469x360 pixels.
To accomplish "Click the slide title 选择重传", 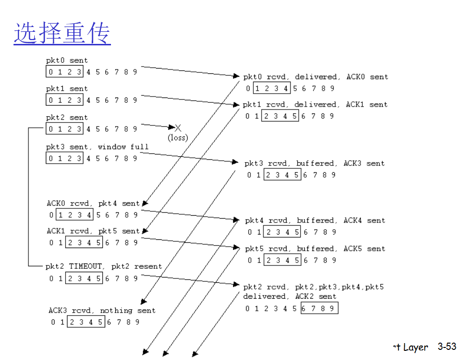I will [x=62, y=34].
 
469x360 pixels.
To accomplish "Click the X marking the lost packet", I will [x=178, y=128].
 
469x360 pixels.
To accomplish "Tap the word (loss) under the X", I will [x=178, y=138].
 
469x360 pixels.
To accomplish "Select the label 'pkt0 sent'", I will [x=67, y=61].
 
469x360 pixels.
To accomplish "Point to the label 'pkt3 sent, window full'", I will [x=97, y=147].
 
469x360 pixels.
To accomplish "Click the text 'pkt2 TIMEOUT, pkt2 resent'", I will [x=104, y=266].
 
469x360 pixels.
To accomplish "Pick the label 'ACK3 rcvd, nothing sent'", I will [x=102, y=310].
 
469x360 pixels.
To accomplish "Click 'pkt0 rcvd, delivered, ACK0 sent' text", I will [x=316, y=77].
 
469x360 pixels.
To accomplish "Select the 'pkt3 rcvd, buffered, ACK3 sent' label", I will [x=315, y=164].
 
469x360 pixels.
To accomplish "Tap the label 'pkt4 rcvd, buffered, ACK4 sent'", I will [x=315, y=221].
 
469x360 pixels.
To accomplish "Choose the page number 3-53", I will [x=447, y=346].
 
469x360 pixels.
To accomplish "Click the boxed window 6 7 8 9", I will [x=319, y=308].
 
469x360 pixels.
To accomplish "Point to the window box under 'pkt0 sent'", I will [x=65, y=72].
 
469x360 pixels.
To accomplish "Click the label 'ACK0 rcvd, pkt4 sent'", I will [x=93, y=204].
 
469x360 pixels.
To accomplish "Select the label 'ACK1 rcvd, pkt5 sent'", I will [x=93, y=231].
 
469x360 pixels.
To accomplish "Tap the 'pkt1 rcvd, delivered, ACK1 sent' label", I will [x=315, y=105].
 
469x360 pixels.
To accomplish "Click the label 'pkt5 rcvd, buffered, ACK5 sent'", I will [x=315, y=249].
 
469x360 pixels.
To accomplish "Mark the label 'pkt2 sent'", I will [x=67, y=117].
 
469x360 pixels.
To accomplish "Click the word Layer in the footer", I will [x=415, y=347].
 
